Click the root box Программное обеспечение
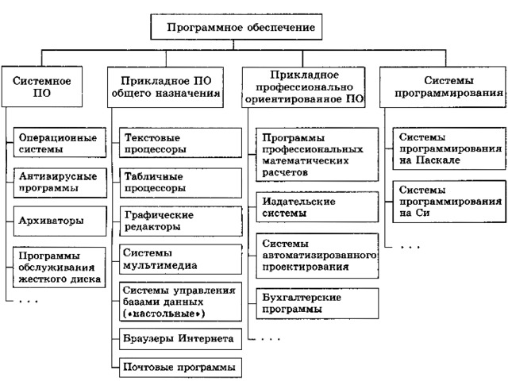(237, 27)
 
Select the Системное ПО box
(42, 87)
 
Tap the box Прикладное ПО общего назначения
(165, 87)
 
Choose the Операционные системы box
(60, 143)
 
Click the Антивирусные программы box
(60, 183)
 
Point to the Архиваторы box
(60, 221)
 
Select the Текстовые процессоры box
(180, 143)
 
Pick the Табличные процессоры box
(180, 183)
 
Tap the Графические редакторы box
(181, 221)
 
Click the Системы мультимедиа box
(180, 260)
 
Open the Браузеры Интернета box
(180, 339)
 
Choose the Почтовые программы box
(180, 368)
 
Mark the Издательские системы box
(317, 207)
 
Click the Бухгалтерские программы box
(317, 303)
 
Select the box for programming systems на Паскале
(449, 148)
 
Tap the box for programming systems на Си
(449, 202)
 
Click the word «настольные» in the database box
(164, 314)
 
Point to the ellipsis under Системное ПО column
(29, 302)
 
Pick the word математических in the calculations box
(306, 160)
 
